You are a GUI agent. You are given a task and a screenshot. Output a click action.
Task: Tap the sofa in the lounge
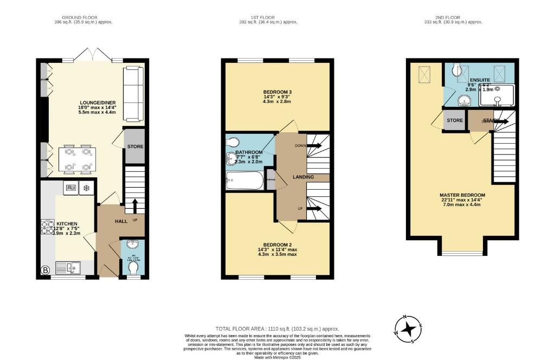pyautogui.click(x=133, y=94)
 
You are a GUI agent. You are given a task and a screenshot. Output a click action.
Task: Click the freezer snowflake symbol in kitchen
pyautogui.click(x=87, y=188)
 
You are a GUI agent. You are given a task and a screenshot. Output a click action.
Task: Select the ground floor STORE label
pyautogui.click(x=134, y=146)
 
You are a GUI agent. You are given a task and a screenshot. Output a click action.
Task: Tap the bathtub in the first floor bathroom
pyautogui.click(x=244, y=181)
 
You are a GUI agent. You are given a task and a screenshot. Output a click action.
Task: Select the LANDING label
pyautogui.click(x=303, y=177)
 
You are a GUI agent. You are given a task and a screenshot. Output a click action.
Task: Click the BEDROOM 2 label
pyautogui.click(x=277, y=245)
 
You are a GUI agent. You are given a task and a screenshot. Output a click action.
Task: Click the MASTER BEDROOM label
pyautogui.click(x=462, y=195)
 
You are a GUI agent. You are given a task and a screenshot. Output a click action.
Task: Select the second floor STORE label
pyautogui.click(x=454, y=120)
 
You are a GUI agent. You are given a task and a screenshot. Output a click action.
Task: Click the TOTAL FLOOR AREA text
pyautogui.click(x=277, y=329)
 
